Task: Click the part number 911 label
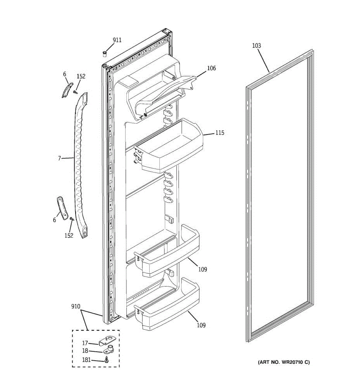pos(117,40)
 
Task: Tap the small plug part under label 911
pos(105,53)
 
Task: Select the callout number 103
pos(256,46)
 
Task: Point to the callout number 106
pos(211,68)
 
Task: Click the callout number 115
pos(220,133)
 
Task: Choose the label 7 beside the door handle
pos(60,158)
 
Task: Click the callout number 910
pos(76,307)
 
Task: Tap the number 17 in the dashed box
pos(85,343)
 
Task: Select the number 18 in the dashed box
pos(85,351)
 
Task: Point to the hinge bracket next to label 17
pos(108,341)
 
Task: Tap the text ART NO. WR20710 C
pos(284,362)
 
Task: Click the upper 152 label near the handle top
pos(81,76)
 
